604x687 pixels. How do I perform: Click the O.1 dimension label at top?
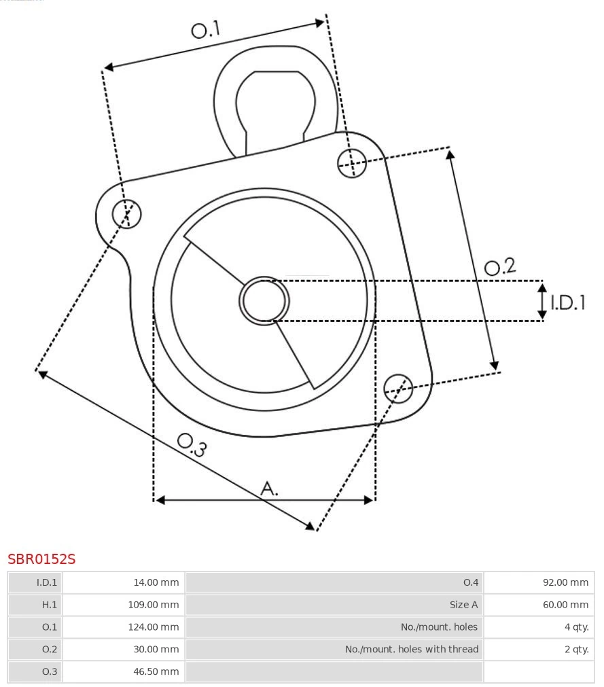click(x=206, y=30)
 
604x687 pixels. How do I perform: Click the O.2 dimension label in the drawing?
click(x=500, y=267)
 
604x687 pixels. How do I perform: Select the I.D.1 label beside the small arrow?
click(x=567, y=302)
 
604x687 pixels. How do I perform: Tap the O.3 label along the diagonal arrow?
click(x=192, y=444)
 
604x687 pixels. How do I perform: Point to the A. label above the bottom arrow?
click(x=270, y=488)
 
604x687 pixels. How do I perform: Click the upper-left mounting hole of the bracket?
click(x=127, y=214)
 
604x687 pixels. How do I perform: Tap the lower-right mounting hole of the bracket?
click(x=398, y=387)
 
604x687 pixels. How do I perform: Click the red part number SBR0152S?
click(x=41, y=559)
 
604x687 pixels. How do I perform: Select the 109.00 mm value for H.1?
click(x=154, y=604)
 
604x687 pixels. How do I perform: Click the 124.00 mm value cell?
click(x=154, y=627)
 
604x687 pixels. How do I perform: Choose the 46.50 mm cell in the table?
click(x=157, y=671)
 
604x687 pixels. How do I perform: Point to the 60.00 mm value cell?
click(x=565, y=604)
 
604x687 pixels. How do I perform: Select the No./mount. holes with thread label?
click(x=411, y=649)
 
